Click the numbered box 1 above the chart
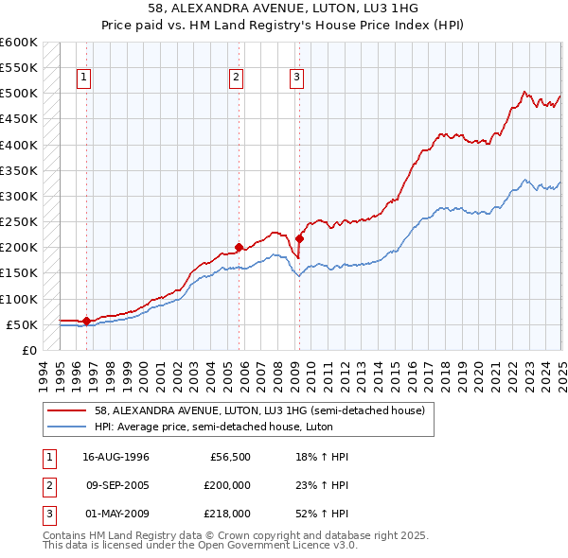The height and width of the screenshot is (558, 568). click(x=84, y=78)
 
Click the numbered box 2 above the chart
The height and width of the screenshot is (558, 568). click(x=236, y=78)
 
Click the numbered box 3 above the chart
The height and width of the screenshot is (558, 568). click(x=296, y=78)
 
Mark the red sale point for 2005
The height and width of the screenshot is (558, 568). click(x=239, y=247)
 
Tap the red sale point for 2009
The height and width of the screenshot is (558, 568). click(x=299, y=238)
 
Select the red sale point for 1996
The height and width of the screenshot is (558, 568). click(x=86, y=321)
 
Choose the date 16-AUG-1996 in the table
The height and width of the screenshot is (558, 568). click(x=115, y=457)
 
